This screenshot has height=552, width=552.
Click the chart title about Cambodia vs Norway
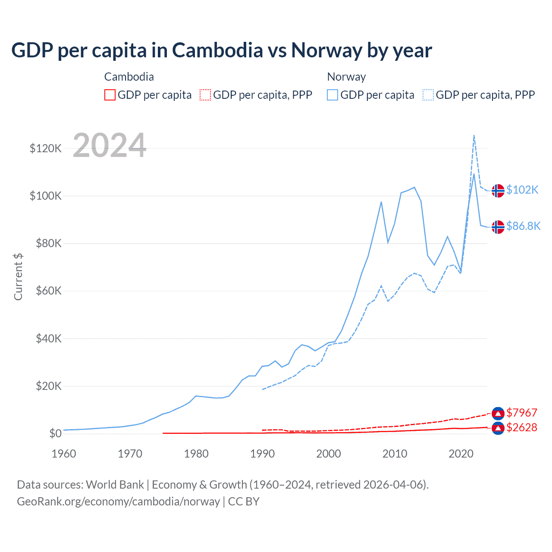coord(222,50)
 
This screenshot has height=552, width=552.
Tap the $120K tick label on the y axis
coord(46,149)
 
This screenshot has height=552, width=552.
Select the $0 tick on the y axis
coord(55,433)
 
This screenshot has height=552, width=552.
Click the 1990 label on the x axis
coord(262,454)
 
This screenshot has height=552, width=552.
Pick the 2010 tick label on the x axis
coord(395,454)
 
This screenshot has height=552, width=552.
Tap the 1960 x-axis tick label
coord(64,454)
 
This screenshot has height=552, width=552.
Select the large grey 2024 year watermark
coord(110,145)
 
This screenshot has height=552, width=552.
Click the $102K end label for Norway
coord(522,190)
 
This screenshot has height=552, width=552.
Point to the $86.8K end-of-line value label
coord(523,226)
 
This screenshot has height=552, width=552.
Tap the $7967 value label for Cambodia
coord(522,413)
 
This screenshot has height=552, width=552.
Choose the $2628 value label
coord(522,427)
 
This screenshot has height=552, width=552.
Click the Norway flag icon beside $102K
coord(498,190)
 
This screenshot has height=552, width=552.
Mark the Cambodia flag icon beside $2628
coord(498,428)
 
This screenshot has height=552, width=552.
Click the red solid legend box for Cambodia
coord(110,95)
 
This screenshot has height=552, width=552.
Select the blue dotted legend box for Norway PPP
coord(428,95)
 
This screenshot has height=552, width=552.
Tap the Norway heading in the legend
coord(346,77)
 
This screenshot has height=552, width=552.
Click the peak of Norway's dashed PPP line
coord(474,135)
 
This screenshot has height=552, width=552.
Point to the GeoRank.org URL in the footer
coord(118,502)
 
